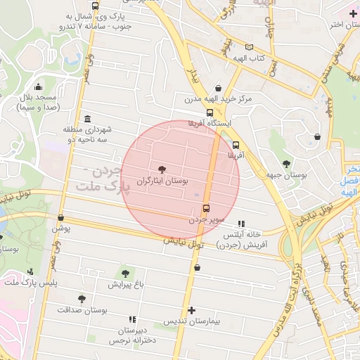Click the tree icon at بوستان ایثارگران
coord(162,169)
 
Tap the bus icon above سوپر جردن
coord(205,208)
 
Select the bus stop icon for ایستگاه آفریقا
coord(210,112)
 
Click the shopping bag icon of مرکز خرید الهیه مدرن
coord(219,88)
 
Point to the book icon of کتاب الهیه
coord(248,47)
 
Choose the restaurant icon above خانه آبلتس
coord(243,222)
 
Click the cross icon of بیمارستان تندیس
coord(191,310)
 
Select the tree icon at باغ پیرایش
coord(125,273)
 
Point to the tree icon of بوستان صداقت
coord(82,298)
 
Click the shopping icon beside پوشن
coord(60,217)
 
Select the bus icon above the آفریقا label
coord(235,145)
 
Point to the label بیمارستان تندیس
coord(192,321)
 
